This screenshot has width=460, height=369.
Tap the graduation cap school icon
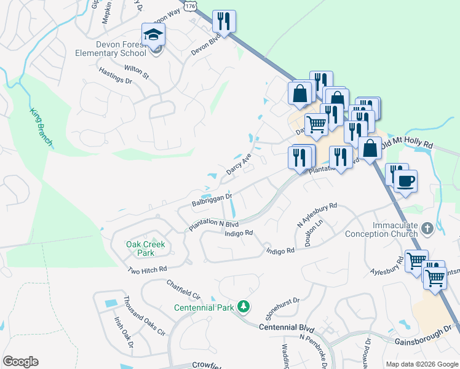(x=153, y=35)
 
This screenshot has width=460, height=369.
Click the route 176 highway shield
(x=190, y=5)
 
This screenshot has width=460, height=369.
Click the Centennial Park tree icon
(x=244, y=306)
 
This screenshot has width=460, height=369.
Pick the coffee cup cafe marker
(x=405, y=181)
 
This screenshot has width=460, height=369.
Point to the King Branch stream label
(x=41, y=128)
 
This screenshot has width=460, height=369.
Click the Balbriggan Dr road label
(x=212, y=200)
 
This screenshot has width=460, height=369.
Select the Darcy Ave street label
(x=239, y=164)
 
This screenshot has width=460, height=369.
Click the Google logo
(x=20, y=361)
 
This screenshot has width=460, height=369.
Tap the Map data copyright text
(x=421, y=364)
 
